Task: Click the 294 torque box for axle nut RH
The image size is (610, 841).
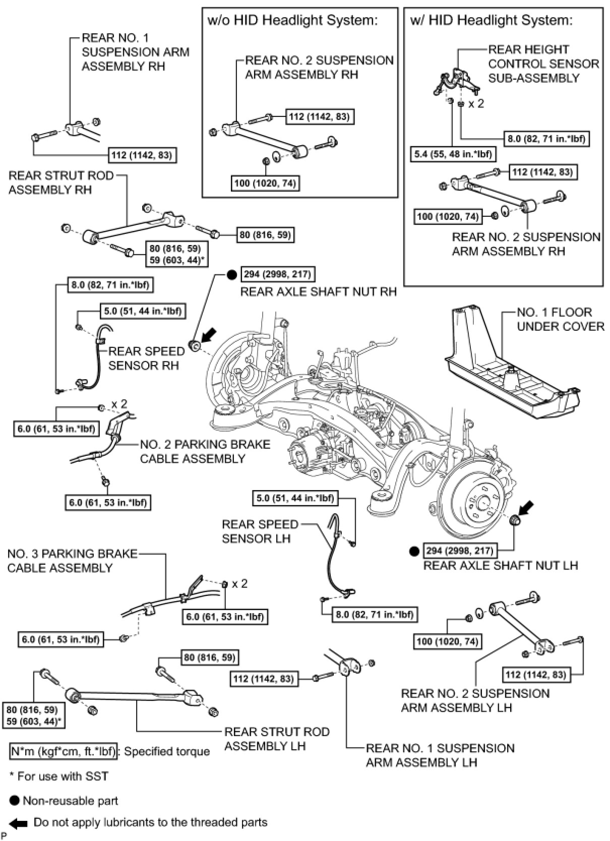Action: pos(277,275)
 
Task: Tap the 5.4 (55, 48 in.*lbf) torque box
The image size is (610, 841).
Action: pos(453,154)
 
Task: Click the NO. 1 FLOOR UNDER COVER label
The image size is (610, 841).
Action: pos(560,319)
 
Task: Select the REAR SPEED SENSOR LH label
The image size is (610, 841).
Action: pos(260,531)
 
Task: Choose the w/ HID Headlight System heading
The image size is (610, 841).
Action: pos(492,21)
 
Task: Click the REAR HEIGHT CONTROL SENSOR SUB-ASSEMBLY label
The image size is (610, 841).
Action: pos(543,64)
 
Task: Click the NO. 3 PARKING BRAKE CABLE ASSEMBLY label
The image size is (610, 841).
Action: pos(72,561)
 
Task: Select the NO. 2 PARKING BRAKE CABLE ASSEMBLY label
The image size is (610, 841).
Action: pos(205,451)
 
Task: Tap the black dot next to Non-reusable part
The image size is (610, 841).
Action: pos(15,800)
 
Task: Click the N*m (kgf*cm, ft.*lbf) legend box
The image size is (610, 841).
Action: pos(63,751)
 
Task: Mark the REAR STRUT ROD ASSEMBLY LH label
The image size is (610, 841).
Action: pos(276,739)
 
